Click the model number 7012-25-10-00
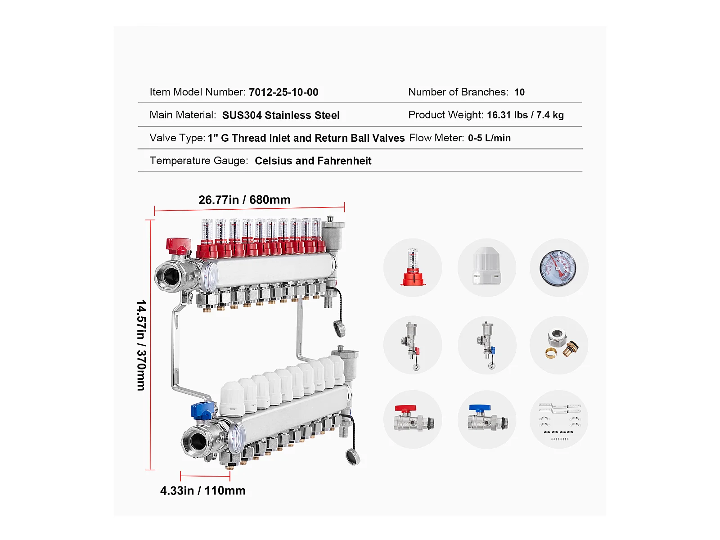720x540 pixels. click(x=283, y=92)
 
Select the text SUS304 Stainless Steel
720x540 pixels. click(x=281, y=115)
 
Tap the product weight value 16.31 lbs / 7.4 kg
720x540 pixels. click(x=525, y=115)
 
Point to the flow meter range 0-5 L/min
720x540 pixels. click(x=489, y=138)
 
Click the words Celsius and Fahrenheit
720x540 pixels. click(x=313, y=161)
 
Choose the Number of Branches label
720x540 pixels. click(x=458, y=92)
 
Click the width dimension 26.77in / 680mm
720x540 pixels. click(x=244, y=200)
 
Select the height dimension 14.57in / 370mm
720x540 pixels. click(x=141, y=345)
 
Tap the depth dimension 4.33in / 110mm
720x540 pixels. click(x=202, y=490)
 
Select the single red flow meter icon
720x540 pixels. click(x=413, y=267)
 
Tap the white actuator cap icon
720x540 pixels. click(x=487, y=265)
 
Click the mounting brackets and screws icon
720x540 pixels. click(x=560, y=421)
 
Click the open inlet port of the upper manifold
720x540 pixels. click(x=170, y=276)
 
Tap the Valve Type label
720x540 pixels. click(x=177, y=138)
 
